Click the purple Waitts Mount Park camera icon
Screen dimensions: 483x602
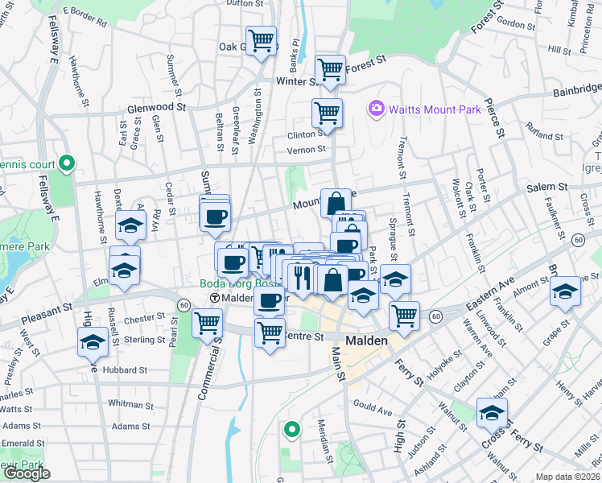(375, 108)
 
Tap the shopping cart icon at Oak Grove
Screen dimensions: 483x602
(261, 40)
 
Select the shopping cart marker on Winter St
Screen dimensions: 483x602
(330, 70)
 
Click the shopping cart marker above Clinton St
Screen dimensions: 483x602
(327, 113)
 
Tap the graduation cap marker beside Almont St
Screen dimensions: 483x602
(566, 291)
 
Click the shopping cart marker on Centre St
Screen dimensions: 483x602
(270, 332)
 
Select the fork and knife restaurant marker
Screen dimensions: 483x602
(303, 278)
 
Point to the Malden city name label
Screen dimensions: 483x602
(367, 341)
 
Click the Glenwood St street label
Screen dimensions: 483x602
(156, 106)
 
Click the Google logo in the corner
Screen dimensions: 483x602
(27, 473)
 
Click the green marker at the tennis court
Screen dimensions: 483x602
(68, 164)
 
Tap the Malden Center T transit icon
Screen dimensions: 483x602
(215, 299)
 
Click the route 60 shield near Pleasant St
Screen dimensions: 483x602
(184, 305)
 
